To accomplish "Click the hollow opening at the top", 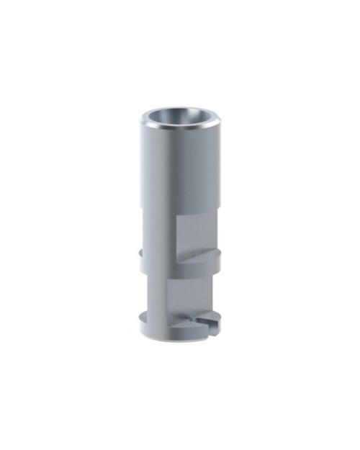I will point(180,117).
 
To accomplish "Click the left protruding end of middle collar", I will point(141,253).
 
